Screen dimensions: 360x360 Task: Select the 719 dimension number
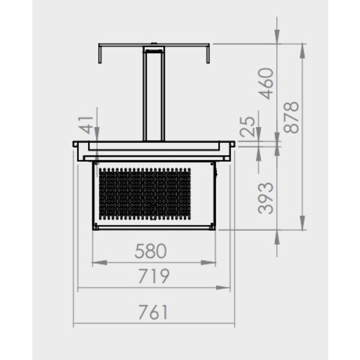point(153,277)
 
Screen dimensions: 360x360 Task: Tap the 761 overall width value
point(153,313)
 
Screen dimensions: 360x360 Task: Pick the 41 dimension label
point(88,125)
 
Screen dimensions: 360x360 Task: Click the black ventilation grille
point(144,193)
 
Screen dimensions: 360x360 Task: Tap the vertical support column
point(153,96)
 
